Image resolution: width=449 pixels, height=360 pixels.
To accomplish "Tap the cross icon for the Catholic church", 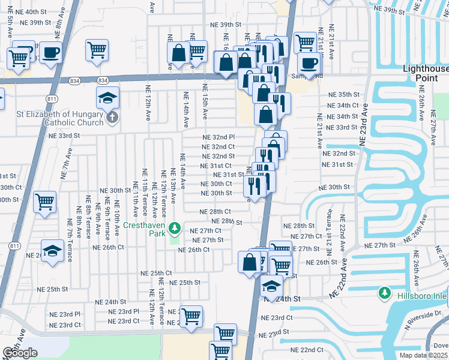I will [112, 119].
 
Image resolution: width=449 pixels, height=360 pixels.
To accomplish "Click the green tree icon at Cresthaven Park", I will [174, 227].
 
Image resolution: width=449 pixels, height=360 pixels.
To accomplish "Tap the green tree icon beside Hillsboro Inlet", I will [384, 293].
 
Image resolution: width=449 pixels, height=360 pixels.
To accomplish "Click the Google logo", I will [20, 352].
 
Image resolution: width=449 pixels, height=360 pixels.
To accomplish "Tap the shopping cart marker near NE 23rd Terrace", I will [191, 316].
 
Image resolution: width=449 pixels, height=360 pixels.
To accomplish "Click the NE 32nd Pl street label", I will [218, 137].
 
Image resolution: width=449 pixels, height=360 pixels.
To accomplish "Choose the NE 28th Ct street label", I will [215, 212].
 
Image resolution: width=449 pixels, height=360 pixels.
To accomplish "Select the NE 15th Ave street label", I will [205, 103].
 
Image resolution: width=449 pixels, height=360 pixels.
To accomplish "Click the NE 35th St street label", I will [342, 95].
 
